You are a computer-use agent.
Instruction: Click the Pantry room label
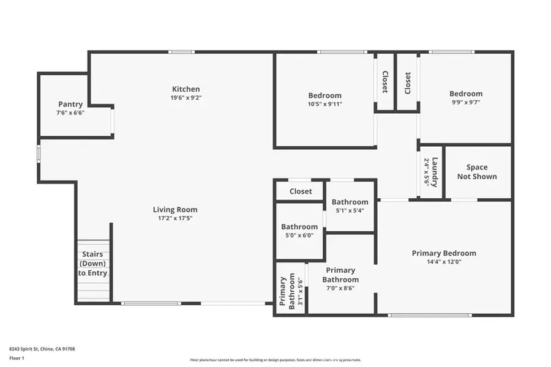point(70,104)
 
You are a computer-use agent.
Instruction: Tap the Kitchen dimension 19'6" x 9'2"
point(186,97)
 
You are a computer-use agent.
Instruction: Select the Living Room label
point(175,210)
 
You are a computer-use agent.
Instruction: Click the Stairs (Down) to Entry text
point(93,264)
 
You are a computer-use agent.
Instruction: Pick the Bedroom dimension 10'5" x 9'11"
point(324,104)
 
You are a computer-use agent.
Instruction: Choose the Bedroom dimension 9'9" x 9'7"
point(465,102)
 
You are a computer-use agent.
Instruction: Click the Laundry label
point(435,172)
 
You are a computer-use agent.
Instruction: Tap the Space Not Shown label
point(477,172)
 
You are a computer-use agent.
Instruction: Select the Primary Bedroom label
point(444,253)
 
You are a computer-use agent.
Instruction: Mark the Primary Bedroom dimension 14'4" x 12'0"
point(444,262)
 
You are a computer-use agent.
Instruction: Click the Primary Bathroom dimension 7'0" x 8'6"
point(340,288)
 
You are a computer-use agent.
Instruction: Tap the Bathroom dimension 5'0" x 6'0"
point(300,235)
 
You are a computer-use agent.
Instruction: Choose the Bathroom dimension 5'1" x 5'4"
point(350,210)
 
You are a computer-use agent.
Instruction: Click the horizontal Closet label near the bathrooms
point(301,191)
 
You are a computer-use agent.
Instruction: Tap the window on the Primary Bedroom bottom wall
point(430,315)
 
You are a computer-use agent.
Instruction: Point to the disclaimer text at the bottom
point(275,360)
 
